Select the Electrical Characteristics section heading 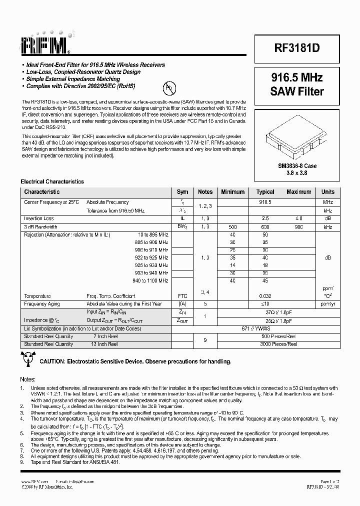click(x=52, y=182)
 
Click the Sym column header click(x=182, y=192)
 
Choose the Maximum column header click(x=298, y=192)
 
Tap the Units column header click(x=328, y=192)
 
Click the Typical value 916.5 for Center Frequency click(x=265, y=202)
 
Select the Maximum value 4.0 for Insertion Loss click(x=298, y=218)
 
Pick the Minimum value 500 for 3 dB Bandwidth click(x=232, y=227)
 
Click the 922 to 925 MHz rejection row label click(x=153, y=257)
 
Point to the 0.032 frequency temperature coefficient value click(x=265, y=296)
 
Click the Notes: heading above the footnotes click(x=27, y=380)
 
